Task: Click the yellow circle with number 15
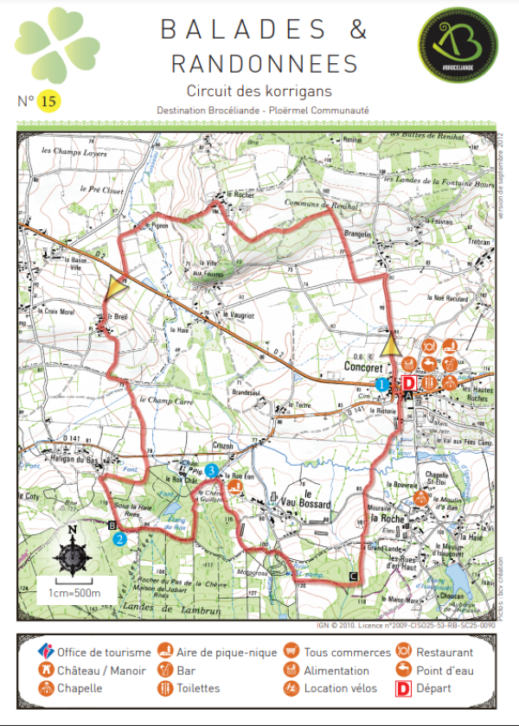pyautogui.click(x=48, y=101)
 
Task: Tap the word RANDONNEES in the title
pyautogui.click(x=264, y=64)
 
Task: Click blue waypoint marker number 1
pyautogui.click(x=381, y=383)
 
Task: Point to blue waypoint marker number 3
pyautogui.click(x=212, y=470)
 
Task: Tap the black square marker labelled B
pyautogui.click(x=111, y=525)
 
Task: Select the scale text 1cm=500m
pyautogui.click(x=74, y=593)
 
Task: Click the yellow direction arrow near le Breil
pyautogui.click(x=114, y=288)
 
